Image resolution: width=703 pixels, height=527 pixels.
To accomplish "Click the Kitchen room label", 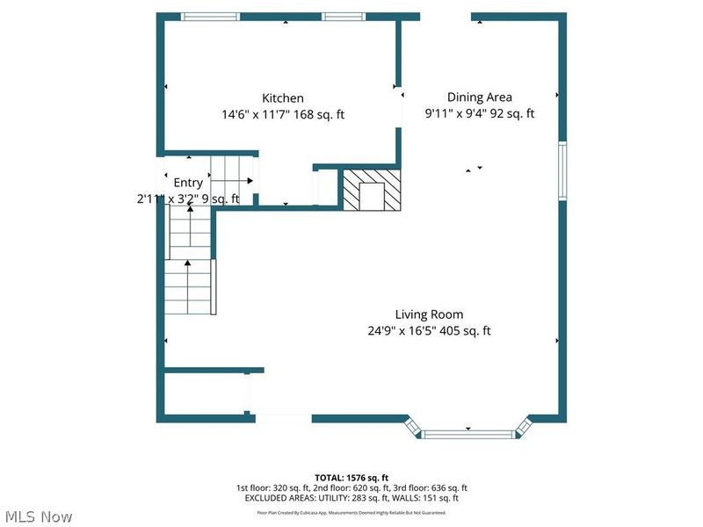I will pos(283,98).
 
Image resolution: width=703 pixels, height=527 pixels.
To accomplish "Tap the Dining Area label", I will pos(479,97).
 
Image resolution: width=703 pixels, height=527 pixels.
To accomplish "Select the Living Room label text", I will pos(429,314).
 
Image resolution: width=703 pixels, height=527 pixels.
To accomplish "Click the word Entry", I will pos(187,183).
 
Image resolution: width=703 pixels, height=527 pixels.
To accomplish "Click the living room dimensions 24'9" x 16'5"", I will pos(405,331).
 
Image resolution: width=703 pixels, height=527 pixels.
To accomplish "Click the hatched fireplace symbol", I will pos(370,189).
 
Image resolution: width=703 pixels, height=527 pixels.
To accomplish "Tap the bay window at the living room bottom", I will pos(467,430).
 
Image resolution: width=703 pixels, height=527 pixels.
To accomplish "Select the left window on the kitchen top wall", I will pos(209,16).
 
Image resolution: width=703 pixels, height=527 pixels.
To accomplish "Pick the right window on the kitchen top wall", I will pos(343,16).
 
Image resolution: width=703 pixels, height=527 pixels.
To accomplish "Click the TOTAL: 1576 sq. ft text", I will pos(351,477).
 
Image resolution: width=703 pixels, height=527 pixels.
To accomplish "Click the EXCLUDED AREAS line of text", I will pos(351,498).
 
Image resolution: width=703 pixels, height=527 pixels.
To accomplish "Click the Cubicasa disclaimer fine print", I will pos(351,512).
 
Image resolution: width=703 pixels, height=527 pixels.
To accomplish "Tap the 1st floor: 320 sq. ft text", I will pos(270,487).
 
